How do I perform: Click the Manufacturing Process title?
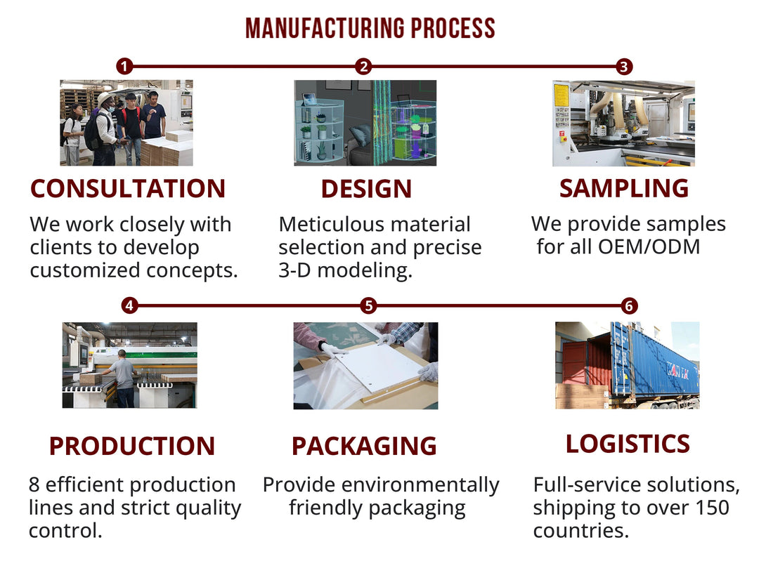click(x=370, y=28)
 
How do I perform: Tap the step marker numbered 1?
click(x=124, y=67)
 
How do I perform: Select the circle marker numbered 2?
click(x=363, y=67)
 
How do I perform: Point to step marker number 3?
click(x=623, y=67)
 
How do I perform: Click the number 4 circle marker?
click(x=129, y=305)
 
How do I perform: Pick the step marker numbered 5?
click(x=368, y=305)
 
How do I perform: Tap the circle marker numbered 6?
click(x=630, y=305)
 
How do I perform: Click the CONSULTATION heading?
click(x=128, y=189)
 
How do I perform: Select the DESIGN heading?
click(x=366, y=189)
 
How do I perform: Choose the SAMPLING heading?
click(x=624, y=188)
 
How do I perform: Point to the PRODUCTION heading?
click(x=131, y=446)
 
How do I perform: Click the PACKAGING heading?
click(x=364, y=446)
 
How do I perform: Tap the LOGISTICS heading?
click(x=628, y=444)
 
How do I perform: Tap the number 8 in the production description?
click(x=34, y=485)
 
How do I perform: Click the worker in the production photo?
click(x=124, y=376)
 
